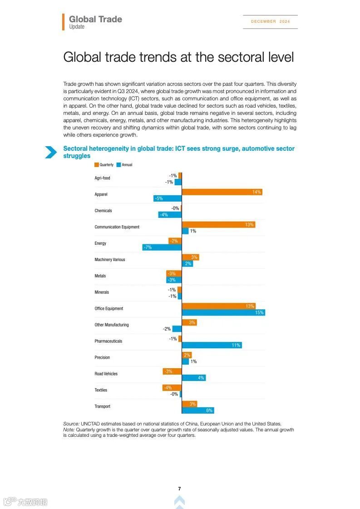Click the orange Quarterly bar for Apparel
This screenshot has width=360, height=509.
[x=222, y=192]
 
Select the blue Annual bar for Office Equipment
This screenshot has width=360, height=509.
[x=223, y=312]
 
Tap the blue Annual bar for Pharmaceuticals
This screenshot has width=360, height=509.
[x=212, y=345]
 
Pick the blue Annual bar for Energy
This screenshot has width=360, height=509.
[x=162, y=247]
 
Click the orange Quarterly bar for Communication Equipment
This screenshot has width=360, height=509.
[x=218, y=225]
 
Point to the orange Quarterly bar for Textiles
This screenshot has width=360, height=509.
[x=172, y=387]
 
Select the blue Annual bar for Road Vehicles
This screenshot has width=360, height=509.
[x=194, y=378]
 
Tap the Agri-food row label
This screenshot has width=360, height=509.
[x=102, y=178]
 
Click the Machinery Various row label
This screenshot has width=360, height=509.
[x=110, y=260]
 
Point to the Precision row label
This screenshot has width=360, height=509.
[x=102, y=357]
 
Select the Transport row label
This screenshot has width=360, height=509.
[x=102, y=406]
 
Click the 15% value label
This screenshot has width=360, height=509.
[x=259, y=312]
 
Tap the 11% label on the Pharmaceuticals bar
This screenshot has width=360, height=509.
[x=236, y=345]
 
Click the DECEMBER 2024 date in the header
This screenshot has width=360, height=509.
[x=270, y=21]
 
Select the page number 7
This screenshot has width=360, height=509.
[x=179, y=489]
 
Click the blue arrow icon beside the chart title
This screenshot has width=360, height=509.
[x=51, y=152]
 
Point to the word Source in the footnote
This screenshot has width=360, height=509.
[x=71, y=424]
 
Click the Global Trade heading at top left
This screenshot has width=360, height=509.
[x=95, y=19]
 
